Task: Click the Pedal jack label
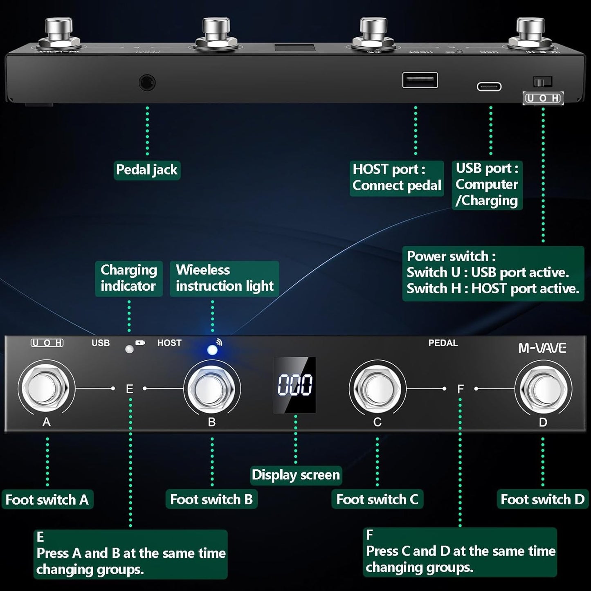click(147, 170)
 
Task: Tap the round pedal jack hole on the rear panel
click(147, 83)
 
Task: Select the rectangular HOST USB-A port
click(420, 80)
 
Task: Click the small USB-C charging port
click(489, 87)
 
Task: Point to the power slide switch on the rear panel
click(542, 82)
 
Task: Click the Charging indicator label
click(129, 278)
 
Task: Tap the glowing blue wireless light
click(212, 350)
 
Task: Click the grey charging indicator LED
click(129, 349)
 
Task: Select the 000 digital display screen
click(294, 385)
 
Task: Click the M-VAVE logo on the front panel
click(542, 348)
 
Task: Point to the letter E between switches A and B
click(130, 389)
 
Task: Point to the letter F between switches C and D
click(461, 389)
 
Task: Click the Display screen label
click(296, 475)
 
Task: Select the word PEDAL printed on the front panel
click(443, 343)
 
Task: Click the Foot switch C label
click(377, 499)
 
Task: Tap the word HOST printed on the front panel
click(169, 343)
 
